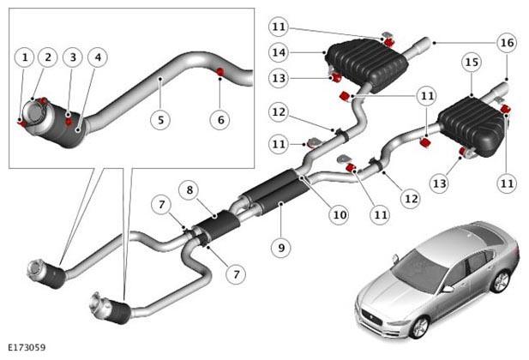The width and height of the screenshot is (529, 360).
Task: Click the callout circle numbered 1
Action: coord(25,57)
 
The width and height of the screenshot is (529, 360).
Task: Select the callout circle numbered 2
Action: coord(48,57)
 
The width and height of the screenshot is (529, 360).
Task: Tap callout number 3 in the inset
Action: coord(73,57)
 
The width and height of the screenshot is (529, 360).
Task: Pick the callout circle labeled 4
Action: coord(98,57)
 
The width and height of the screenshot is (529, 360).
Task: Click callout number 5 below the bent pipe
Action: coord(160,120)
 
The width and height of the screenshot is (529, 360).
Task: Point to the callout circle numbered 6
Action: coord(220,120)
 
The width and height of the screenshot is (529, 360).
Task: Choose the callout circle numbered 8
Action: coord(189,190)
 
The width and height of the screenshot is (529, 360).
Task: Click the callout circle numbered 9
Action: coord(281,248)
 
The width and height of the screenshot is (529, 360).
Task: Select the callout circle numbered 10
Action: coord(340,215)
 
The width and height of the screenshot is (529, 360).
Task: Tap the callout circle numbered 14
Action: coord(279,52)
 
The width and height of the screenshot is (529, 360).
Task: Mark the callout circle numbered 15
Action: coord(472,62)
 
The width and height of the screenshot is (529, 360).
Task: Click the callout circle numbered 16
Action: coord(507,43)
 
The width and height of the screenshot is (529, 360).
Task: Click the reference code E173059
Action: coord(27,347)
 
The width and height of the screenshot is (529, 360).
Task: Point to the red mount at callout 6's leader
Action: coord(220,71)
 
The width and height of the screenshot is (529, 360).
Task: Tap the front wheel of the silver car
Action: coord(420,327)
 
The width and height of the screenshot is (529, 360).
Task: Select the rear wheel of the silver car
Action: coord(501,281)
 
